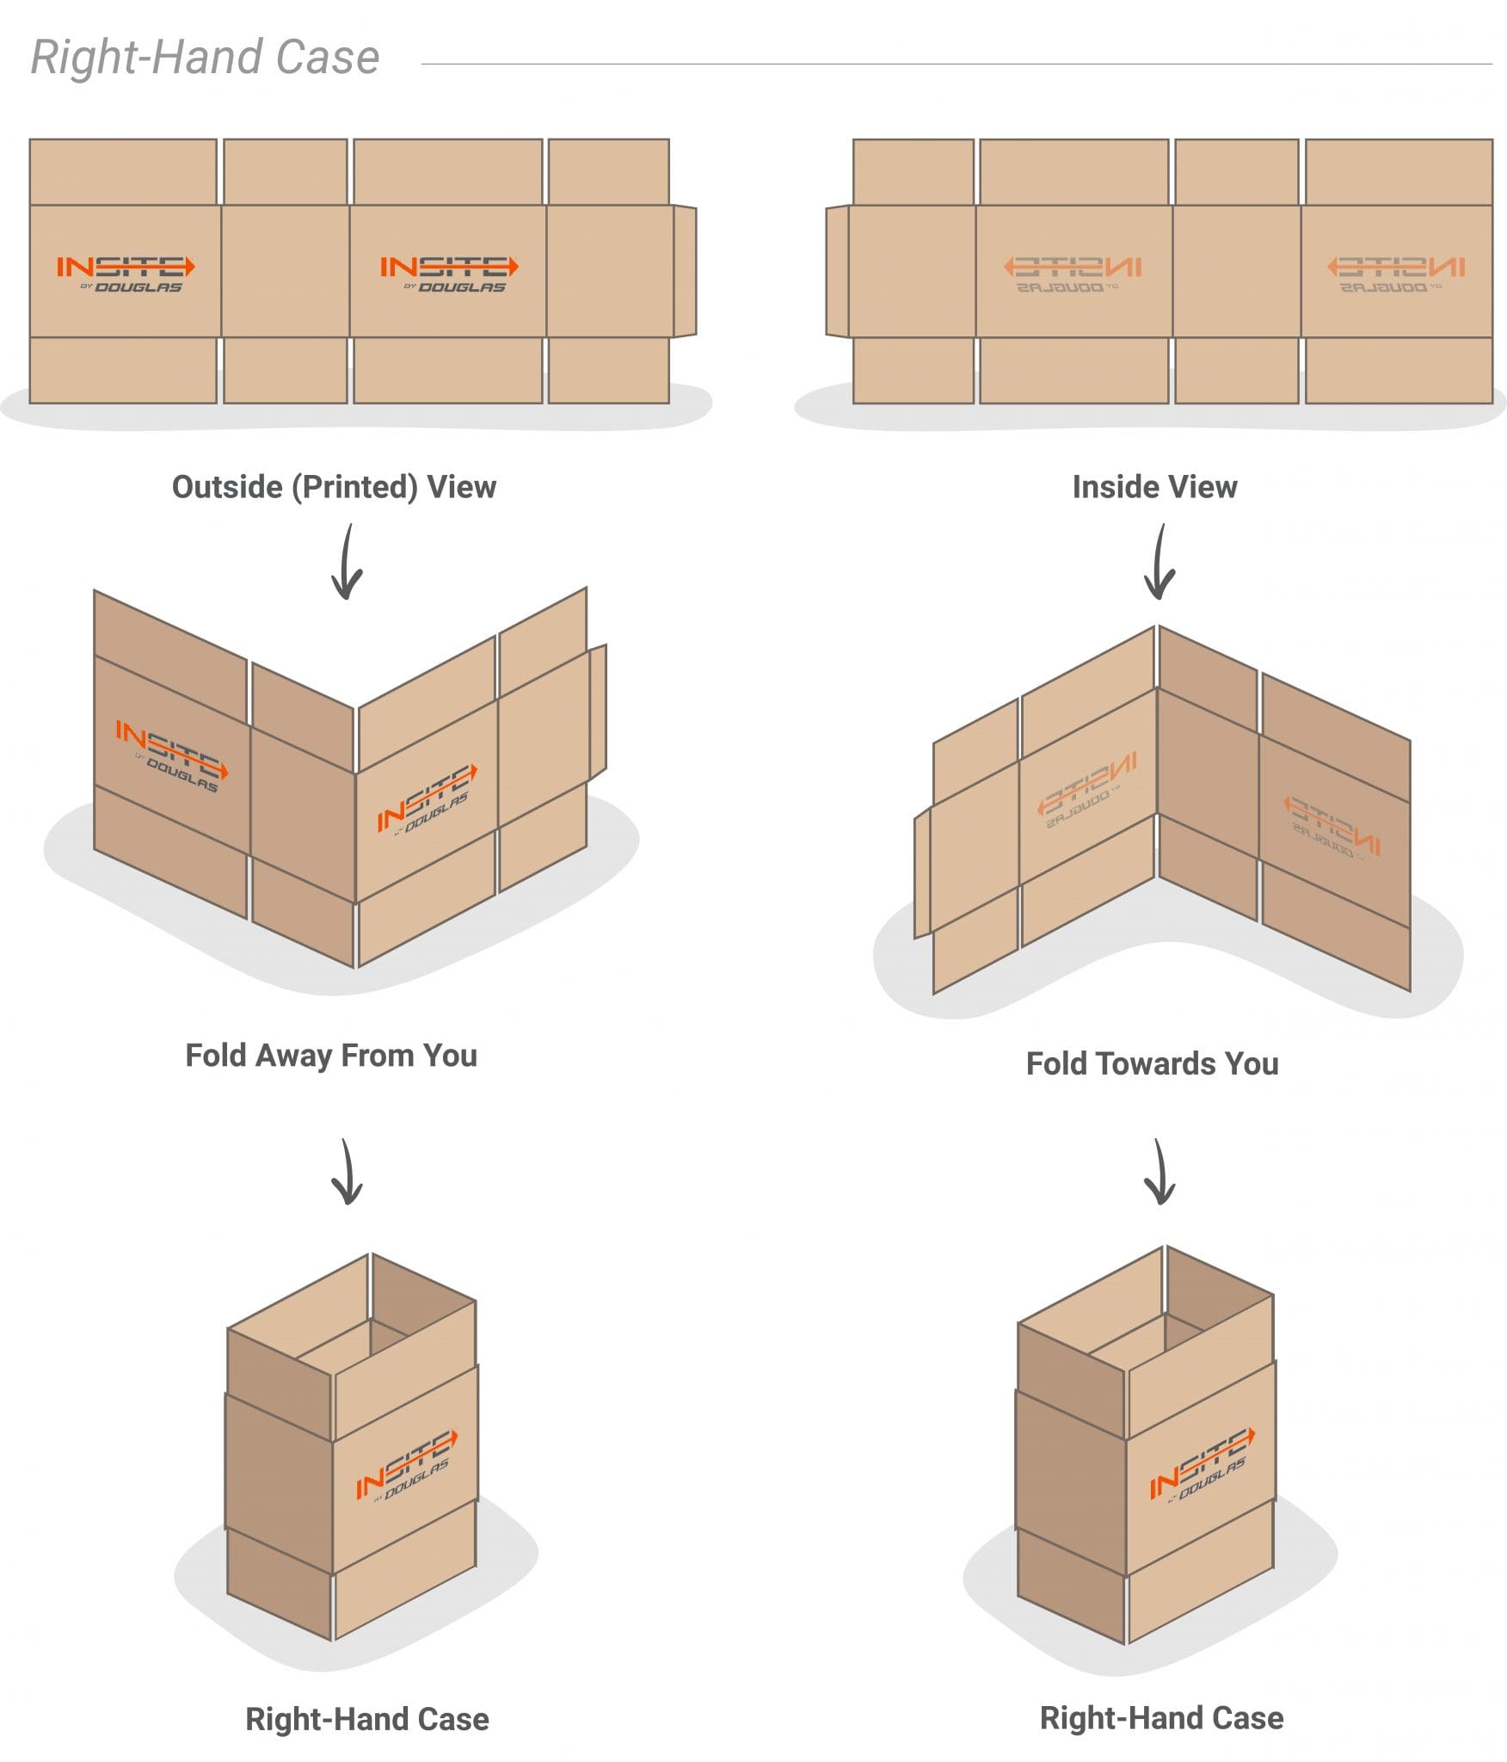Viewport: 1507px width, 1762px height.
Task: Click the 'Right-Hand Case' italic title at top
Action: point(205,58)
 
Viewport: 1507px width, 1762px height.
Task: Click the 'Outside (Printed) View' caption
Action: point(334,487)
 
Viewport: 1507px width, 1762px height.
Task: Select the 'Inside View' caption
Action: point(1154,487)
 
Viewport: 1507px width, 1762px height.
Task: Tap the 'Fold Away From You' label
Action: point(331,1056)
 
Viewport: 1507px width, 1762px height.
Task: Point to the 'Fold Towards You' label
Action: point(1152,1064)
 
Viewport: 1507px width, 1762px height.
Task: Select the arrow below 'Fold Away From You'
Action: point(347,1172)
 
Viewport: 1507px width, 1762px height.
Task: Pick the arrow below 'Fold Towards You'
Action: point(1159,1172)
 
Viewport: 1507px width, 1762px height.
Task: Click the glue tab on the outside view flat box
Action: point(685,271)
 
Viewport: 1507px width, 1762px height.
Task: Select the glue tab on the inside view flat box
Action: point(837,271)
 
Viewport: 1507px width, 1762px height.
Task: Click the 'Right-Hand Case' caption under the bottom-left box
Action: point(367,1719)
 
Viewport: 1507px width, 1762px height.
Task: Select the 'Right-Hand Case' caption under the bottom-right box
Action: point(1161,1718)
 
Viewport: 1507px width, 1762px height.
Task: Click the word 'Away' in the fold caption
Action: point(296,1056)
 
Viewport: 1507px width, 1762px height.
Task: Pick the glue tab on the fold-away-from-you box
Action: point(598,711)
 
